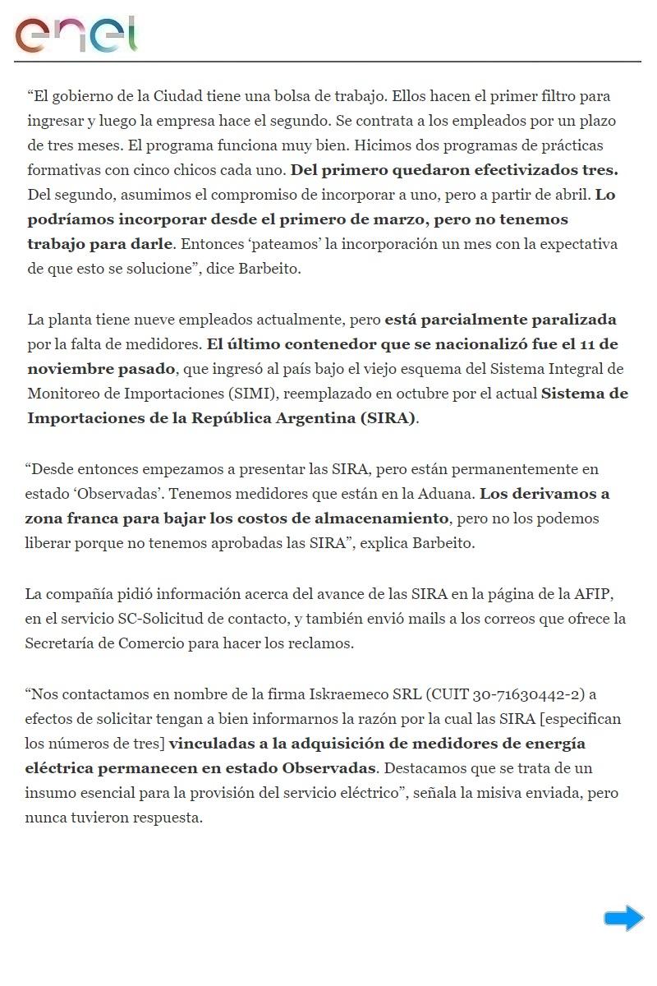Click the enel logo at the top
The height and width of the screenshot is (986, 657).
76,34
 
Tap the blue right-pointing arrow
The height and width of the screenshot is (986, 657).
623,918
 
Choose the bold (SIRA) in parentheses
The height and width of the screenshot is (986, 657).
388,417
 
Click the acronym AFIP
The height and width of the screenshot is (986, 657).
586,593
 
